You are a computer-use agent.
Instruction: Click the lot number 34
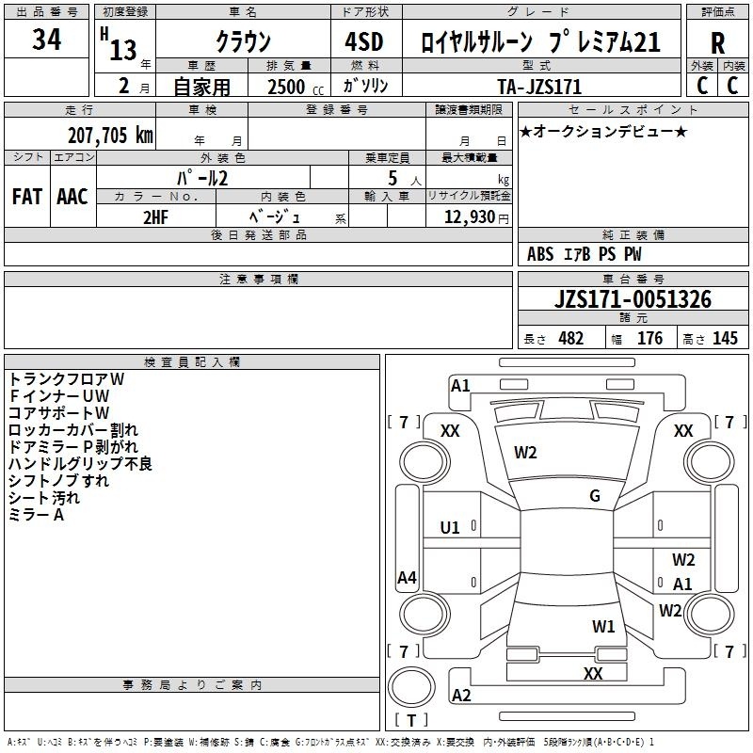pyautogui.click(x=46, y=39)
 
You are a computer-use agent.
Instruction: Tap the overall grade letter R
pyautogui.click(x=717, y=43)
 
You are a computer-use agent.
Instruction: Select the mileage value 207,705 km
pyautogui.click(x=110, y=136)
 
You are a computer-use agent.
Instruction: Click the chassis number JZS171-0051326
pyautogui.click(x=633, y=299)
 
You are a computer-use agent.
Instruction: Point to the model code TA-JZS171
pyautogui.click(x=539, y=87)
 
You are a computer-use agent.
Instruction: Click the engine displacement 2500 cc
pyautogui.click(x=296, y=87)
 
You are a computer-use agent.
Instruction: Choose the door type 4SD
pyautogui.click(x=364, y=41)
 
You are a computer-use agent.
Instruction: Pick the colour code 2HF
pyautogui.click(x=155, y=217)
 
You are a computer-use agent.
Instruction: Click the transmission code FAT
pyautogui.click(x=27, y=197)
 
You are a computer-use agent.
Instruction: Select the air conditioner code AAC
pyautogui.click(x=72, y=197)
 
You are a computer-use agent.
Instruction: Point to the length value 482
pyautogui.click(x=571, y=338)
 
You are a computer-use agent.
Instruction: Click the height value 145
pyautogui.click(x=725, y=338)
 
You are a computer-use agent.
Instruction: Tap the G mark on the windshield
pyautogui.click(x=595, y=496)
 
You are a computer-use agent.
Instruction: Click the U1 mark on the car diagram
pyautogui.click(x=450, y=528)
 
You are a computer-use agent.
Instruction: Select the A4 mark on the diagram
pyautogui.click(x=407, y=577)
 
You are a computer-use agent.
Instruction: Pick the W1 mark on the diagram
pyautogui.click(x=603, y=626)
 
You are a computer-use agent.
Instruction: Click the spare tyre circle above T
pyautogui.click(x=411, y=687)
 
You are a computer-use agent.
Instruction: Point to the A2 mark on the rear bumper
pyautogui.click(x=461, y=695)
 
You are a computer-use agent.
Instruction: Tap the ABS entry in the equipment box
pyautogui.click(x=540, y=254)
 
